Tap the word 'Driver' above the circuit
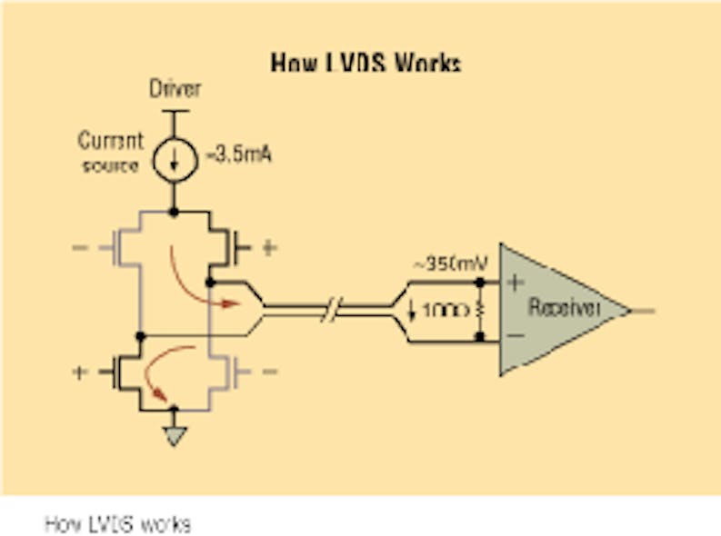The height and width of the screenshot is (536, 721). point(175,89)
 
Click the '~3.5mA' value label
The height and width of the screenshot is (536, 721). point(238,154)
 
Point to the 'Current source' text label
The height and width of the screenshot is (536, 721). point(110,153)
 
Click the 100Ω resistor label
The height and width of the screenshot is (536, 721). point(446,311)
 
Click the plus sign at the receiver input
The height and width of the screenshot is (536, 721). point(515,282)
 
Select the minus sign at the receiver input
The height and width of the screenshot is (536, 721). point(515,338)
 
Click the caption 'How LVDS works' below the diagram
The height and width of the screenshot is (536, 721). point(118,524)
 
